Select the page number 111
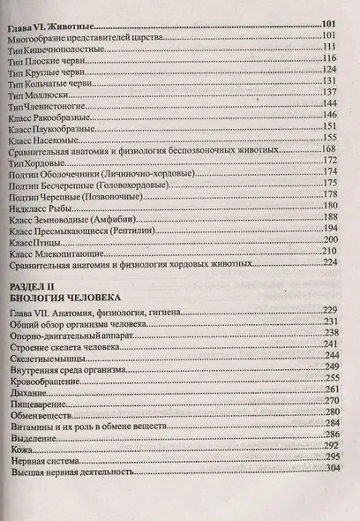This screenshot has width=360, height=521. click(332, 47)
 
